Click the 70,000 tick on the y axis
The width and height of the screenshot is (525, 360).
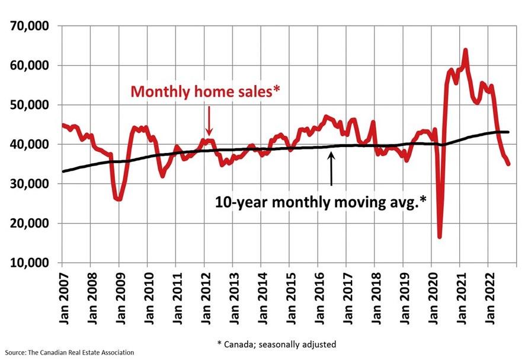[x=30, y=26]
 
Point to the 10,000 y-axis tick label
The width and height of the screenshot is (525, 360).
[x=30, y=263]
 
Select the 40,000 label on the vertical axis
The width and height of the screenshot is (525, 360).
[x=30, y=144]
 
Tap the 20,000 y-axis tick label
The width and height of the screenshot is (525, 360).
[x=30, y=224]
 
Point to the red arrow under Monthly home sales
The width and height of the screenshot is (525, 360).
[x=209, y=122]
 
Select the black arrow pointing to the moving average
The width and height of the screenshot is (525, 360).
[x=331, y=169]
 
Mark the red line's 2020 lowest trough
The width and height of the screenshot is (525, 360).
[x=440, y=237]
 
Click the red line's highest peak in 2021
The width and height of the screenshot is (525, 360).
[x=465, y=50]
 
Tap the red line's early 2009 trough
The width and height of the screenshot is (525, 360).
[x=119, y=199]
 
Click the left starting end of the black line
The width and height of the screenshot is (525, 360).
[x=62, y=171]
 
